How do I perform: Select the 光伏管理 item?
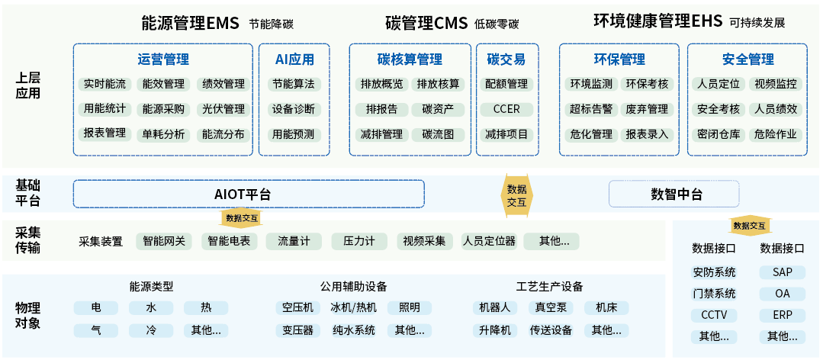click(223, 109)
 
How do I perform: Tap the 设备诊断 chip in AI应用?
click(294, 109)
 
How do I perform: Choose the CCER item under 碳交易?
click(506, 109)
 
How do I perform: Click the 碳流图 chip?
click(438, 134)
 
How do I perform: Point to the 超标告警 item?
click(591, 109)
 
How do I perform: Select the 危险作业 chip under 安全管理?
click(776, 134)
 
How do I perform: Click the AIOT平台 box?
click(249, 194)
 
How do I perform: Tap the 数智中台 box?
click(674, 194)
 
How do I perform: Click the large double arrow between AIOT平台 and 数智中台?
click(516, 195)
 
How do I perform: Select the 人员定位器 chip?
click(489, 242)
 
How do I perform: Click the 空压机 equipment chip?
click(297, 307)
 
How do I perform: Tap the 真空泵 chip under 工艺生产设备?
click(551, 307)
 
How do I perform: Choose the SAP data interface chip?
click(782, 272)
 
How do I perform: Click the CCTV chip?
click(714, 316)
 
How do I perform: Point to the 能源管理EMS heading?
click(190, 23)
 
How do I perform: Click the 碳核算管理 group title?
click(410, 59)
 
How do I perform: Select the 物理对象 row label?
click(27, 315)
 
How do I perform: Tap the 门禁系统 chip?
click(714, 294)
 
